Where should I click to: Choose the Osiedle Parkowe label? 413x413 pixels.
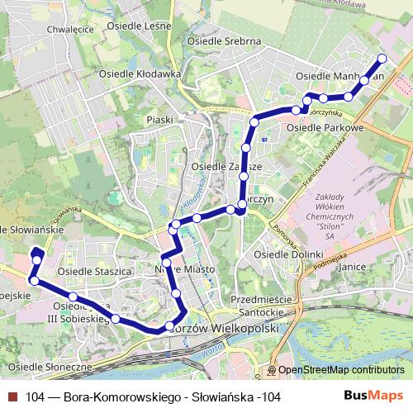click(325, 128)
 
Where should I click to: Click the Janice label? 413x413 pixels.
click(352, 267)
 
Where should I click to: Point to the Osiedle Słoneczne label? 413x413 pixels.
click(50, 366)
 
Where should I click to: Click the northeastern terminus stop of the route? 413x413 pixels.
click(382, 59)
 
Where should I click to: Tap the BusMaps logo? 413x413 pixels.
click(374, 396)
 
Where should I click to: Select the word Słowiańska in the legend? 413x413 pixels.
click(219, 397)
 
